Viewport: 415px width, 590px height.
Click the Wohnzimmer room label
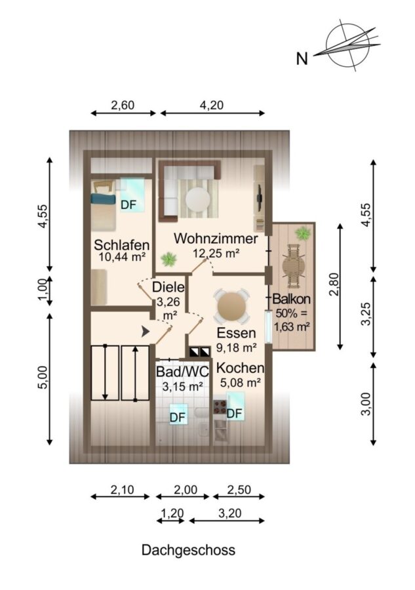(216, 239)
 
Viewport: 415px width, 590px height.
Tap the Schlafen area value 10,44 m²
(122, 257)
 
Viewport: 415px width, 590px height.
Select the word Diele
(168, 287)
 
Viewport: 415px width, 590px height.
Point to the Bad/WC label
(182, 372)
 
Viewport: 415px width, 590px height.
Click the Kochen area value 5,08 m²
(241, 383)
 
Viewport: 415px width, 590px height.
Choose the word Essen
(236, 333)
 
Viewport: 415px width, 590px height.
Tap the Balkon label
(292, 299)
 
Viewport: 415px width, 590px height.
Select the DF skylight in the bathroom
(178, 414)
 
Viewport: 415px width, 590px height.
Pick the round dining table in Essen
(231, 307)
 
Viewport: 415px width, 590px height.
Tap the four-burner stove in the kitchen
(220, 406)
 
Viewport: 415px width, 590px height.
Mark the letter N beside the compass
(302, 59)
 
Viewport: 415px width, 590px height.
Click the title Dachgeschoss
(189, 550)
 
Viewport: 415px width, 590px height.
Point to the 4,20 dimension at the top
(212, 105)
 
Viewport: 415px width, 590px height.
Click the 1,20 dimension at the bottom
(172, 513)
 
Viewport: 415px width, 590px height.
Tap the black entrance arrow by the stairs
(145, 332)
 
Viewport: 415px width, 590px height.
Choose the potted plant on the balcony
(303, 233)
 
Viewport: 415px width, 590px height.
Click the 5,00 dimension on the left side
(43, 378)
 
